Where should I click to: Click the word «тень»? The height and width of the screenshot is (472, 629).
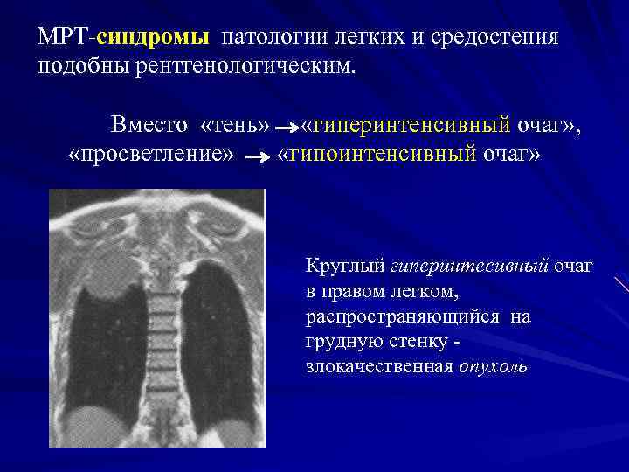click(235, 125)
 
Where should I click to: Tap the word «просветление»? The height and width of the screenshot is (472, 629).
click(151, 156)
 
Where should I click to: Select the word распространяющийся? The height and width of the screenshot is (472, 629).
click(403, 316)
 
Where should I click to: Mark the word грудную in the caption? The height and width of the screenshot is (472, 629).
click(344, 341)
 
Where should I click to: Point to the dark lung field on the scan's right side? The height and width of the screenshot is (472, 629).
click(214, 341)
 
